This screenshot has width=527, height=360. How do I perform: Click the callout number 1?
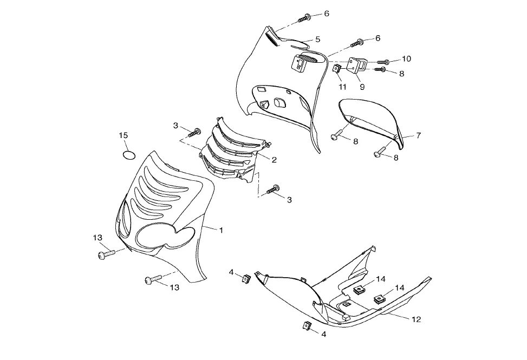(x=221, y=230)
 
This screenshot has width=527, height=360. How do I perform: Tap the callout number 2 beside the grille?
(x=274, y=160)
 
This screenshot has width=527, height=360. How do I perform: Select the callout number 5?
(x=318, y=39)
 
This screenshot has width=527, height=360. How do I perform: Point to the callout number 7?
(x=418, y=135)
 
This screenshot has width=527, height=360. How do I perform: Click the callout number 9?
(x=362, y=87)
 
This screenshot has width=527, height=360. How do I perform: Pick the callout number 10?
(x=406, y=58)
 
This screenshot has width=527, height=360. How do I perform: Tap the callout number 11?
(x=342, y=87)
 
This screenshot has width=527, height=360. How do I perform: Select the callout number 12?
(x=416, y=319)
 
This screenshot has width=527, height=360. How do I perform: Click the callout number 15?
(x=123, y=135)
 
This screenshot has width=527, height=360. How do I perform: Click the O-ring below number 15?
(x=128, y=155)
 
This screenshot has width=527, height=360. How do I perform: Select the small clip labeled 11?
(x=336, y=70)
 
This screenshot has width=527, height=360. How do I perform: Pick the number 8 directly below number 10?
(x=401, y=74)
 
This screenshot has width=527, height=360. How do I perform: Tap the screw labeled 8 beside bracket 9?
(x=381, y=70)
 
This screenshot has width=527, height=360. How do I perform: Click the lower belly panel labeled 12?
(x=347, y=298)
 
